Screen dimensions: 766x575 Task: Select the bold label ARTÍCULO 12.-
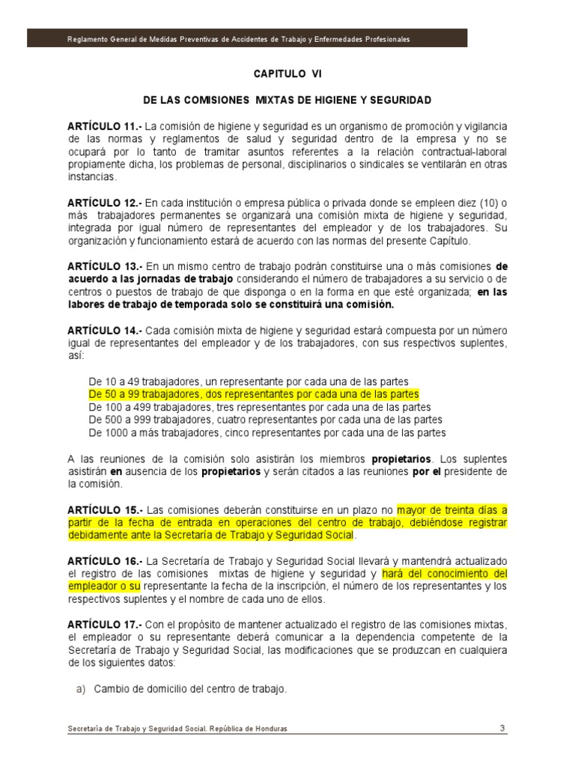103,203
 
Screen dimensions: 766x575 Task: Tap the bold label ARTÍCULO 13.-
103,266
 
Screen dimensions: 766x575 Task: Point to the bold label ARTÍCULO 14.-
103,330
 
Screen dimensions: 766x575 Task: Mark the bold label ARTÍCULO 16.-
103,561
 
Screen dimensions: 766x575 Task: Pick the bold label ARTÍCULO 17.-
103,625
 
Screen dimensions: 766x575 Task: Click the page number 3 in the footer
502,729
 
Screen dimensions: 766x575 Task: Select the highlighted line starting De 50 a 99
254,394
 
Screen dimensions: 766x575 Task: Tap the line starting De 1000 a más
267,433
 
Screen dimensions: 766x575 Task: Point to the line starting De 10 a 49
248,382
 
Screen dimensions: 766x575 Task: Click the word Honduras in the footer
269,729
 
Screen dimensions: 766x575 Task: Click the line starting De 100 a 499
259,408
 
